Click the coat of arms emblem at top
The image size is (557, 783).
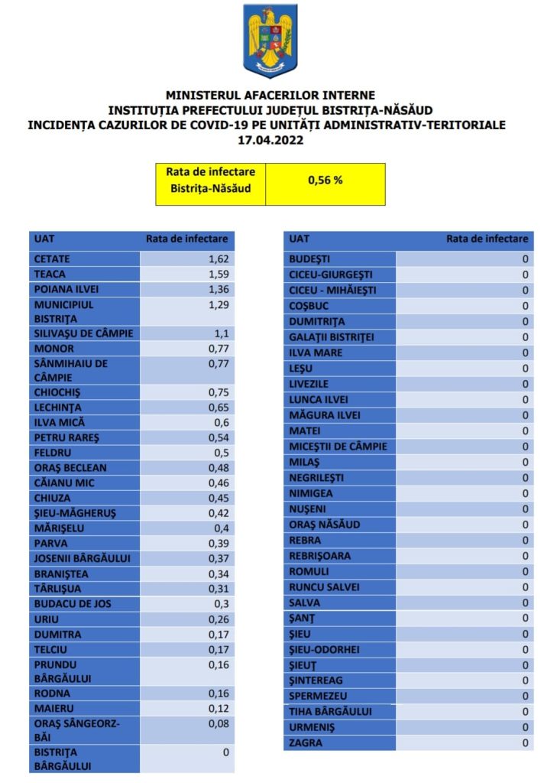coord(270,41)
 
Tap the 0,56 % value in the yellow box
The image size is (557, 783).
coord(325,181)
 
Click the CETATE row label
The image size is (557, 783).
coord(53,259)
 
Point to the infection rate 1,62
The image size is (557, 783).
coord(218,259)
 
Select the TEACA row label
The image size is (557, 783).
coord(49,275)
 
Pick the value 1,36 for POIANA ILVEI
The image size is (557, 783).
coord(218,290)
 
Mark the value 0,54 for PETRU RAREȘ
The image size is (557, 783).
coord(219,438)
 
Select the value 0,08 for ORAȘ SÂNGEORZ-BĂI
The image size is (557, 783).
coord(219,722)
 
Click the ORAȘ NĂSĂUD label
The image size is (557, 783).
coord(324,525)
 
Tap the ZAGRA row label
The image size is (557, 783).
coord(306,742)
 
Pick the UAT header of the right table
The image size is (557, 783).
coord(300,239)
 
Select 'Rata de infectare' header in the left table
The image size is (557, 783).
coord(187,239)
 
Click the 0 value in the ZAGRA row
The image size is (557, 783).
coord(525,742)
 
